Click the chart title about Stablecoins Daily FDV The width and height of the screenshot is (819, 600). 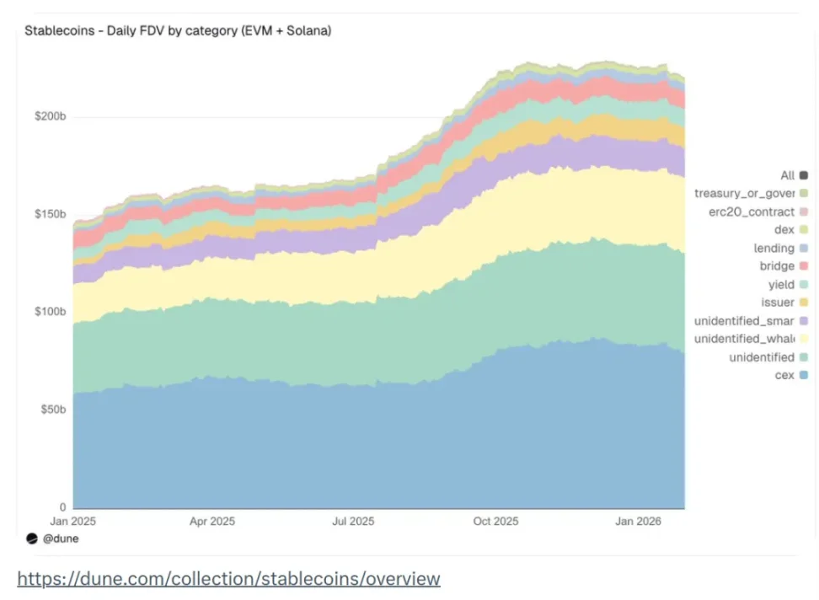tap(178, 31)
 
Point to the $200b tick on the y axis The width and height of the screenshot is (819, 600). tap(50, 116)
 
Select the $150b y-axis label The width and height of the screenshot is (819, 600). tap(50, 214)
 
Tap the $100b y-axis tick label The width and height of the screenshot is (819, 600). tap(50, 312)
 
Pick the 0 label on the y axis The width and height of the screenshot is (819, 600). tap(62, 507)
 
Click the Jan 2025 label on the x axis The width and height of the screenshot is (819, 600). tap(73, 522)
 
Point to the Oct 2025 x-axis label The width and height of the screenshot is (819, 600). tap(496, 522)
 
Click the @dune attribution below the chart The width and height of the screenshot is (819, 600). tap(60, 538)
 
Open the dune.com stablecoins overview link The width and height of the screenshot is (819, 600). tap(228, 579)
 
